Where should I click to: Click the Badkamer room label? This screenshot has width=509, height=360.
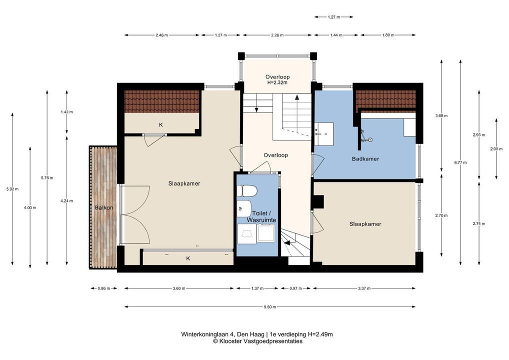(x=365, y=158)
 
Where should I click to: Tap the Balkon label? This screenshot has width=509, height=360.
(x=104, y=207)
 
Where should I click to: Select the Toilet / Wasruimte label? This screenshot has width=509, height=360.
(x=261, y=216)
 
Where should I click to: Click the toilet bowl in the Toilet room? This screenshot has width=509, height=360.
(x=247, y=191)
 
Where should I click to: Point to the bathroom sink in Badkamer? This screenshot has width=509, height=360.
(x=323, y=133)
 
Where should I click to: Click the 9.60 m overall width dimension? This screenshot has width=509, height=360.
(x=270, y=306)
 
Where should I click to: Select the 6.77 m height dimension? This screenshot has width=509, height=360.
(x=460, y=162)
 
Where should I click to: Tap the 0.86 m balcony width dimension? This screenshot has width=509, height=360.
(x=104, y=288)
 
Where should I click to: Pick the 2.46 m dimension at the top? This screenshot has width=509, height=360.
(x=161, y=35)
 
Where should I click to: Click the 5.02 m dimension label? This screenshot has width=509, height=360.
(x=12, y=189)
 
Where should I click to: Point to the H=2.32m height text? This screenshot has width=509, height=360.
(x=277, y=83)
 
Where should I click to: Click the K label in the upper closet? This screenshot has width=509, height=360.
(x=160, y=124)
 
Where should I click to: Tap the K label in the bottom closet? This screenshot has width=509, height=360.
(x=188, y=258)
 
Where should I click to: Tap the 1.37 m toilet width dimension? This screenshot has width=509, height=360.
(x=257, y=288)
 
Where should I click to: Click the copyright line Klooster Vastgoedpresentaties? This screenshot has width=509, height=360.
(x=257, y=341)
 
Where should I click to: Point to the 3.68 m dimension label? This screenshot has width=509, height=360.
(x=441, y=115)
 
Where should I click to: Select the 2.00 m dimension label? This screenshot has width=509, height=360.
(x=496, y=149)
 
